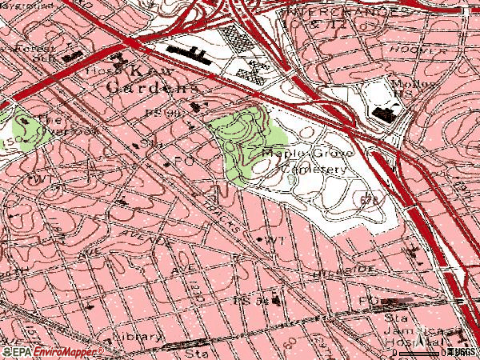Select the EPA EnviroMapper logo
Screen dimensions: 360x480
coord(52,351)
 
